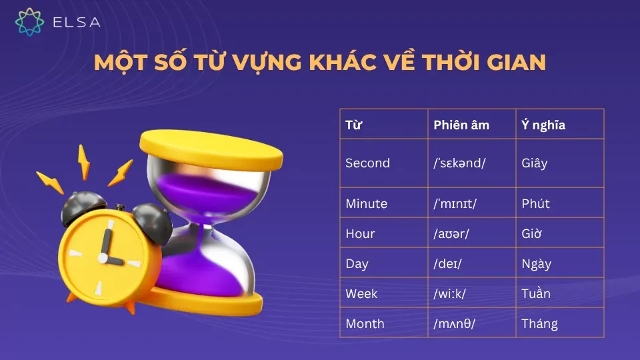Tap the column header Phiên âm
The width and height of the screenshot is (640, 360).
(x=461, y=125)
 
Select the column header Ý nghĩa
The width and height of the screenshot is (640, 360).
(x=543, y=125)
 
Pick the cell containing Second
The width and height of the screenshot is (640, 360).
(x=367, y=163)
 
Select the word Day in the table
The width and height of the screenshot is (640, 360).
(x=357, y=264)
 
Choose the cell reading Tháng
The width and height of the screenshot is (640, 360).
(x=539, y=324)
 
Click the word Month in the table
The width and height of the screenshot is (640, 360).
(x=365, y=324)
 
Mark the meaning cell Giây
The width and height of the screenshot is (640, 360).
(x=534, y=163)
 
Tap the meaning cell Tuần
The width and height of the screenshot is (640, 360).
(x=536, y=294)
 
